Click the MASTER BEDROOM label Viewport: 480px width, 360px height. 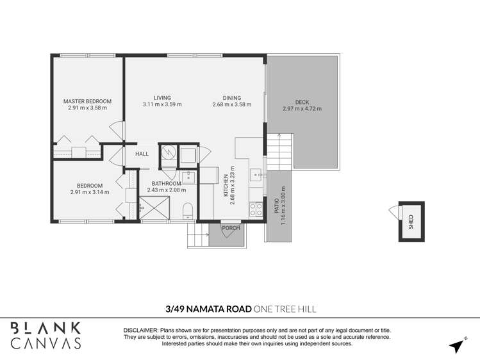click(x=87, y=101)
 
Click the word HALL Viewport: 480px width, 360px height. click(x=142, y=154)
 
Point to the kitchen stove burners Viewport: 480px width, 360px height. click(x=254, y=209)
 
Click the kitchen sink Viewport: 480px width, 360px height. click(x=255, y=174)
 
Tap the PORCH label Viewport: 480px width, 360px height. click(x=230, y=228)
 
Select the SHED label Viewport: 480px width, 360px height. click(x=411, y=222)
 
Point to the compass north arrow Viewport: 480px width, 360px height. click(x=457, y=346)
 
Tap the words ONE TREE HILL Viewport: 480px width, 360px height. click(x=285, y=309)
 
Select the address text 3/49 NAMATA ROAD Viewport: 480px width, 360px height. click(x=208, y=309)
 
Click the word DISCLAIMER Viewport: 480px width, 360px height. click(x=140, y=329)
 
